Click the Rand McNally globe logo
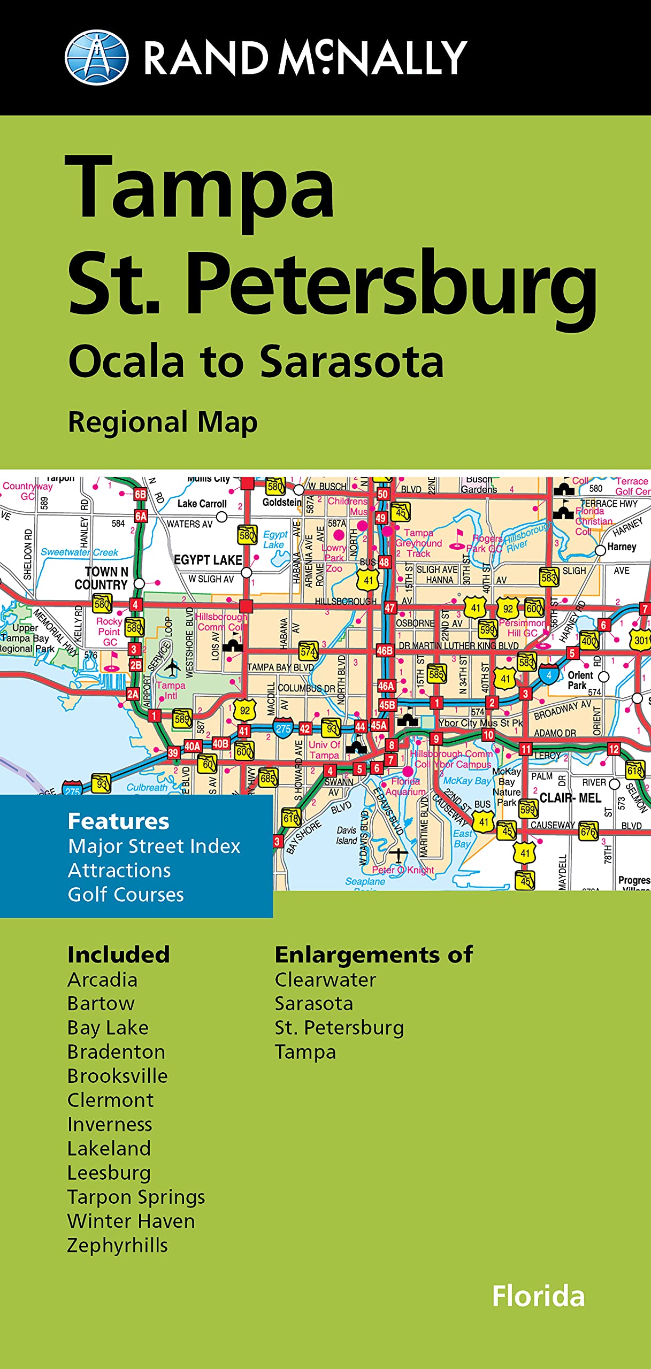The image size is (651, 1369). point(96,58)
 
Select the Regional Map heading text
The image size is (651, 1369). point(163,422)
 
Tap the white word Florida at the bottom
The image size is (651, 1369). point(538,1296)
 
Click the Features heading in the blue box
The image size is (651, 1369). point(118,821)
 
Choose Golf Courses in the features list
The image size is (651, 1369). point(126,895)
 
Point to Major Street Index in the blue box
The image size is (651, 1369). point(154,847)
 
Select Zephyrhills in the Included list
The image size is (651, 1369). point(118,1245)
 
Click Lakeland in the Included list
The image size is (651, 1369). point(109,1149)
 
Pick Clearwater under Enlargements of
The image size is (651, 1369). point(325,980)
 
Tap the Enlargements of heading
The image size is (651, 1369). point(373,955)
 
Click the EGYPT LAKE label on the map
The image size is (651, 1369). point(208,560)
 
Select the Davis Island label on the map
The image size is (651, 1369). point(347,835)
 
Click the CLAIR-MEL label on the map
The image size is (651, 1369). point(570,798)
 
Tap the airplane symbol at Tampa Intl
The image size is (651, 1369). point(172,667)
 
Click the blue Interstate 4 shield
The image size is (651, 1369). point(549,675)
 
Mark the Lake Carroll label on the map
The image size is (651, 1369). point(202,504)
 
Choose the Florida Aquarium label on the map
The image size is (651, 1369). point(405,786)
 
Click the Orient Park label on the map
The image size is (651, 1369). point(580,680)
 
